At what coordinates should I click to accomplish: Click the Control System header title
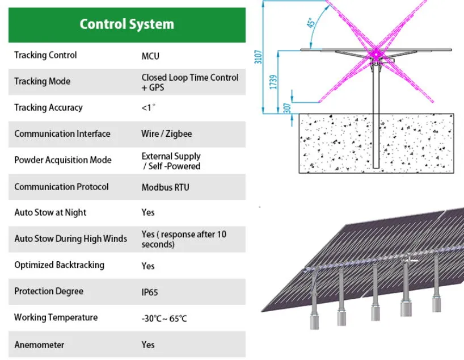pyautogui.click(x=126, y=24)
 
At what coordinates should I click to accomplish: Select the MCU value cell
pyautogui.click(x=150, y=56)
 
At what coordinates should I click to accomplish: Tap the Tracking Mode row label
pyautogui.click(x=43, y=81)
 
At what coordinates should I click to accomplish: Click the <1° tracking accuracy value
pyautogui.click(x=148, y=108)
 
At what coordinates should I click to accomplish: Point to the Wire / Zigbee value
pyautogui.click(x=167, y=134)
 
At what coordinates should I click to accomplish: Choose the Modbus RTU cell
pyautogui.click(x=165, y=187)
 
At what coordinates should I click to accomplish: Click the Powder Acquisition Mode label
pyautogui.click(x=63, y=160)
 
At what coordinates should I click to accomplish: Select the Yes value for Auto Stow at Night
pyautogui.click(x=148, y=212)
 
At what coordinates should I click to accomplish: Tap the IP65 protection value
pyautogui.click(x=150, y=292)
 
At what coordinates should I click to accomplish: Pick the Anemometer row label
pyautogui.click(x=39, y=345)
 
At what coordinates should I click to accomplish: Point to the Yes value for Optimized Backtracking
pyautogui.click(x=148, y=266)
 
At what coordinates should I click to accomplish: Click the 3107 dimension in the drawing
pyautogui.click(x=259, y=57)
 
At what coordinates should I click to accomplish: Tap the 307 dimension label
pyautogui.click(x=287, y=106)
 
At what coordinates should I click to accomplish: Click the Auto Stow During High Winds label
pyautogui.click(x=71, y=238)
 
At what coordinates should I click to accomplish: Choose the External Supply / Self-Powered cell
pyautogui.click(x=171, y=161)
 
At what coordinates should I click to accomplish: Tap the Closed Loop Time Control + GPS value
pyautogui.click(x=190, y=82)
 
